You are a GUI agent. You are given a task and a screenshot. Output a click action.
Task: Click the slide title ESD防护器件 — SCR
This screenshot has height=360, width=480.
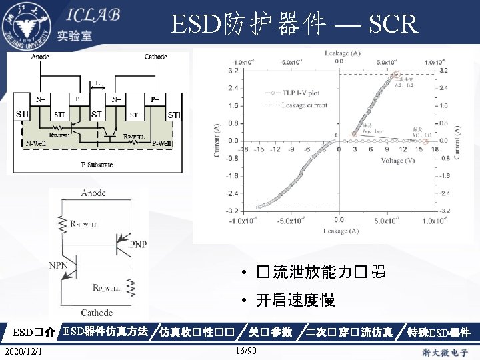click(x=294, y=25)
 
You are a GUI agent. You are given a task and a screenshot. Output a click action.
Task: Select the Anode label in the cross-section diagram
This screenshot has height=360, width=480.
click(x=40, y=57)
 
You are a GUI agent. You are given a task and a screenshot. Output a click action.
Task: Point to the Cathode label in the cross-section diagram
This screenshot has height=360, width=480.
click(x=156, y=57)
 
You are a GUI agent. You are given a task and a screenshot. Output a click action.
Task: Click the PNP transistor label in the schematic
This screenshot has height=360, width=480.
click(x=139, y=245)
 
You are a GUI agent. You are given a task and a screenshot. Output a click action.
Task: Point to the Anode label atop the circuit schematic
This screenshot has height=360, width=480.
click(x=93, y=193)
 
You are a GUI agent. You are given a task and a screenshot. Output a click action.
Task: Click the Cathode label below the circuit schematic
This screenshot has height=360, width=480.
click(x=97, y=313)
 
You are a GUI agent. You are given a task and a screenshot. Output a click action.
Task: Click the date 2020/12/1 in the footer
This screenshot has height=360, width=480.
click(x=22, y=351)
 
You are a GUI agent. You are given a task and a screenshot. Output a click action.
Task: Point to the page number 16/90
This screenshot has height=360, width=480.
click(x=247, y=351)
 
